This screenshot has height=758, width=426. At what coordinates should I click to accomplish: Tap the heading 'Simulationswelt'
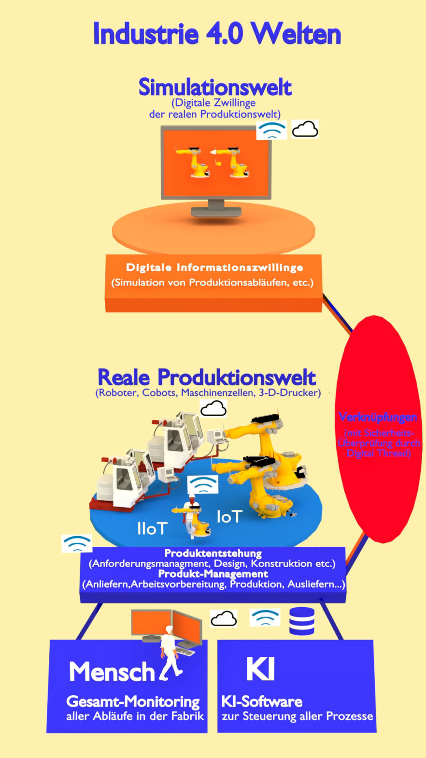(x=215, y=87)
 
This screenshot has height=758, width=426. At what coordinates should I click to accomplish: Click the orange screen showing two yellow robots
(x=216, y=163)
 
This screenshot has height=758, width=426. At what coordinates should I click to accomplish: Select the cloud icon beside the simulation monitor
(x=305, y=130)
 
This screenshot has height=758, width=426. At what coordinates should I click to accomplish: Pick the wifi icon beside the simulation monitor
(x=271, y=130)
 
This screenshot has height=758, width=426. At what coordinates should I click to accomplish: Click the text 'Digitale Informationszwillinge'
(x=214, y=267)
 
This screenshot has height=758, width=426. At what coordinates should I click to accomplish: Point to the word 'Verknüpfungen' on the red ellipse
(x=378, y=417)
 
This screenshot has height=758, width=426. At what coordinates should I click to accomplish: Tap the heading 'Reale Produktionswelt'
(x=207, y=377)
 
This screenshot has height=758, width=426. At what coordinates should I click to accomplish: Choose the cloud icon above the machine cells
(x=213, y=409)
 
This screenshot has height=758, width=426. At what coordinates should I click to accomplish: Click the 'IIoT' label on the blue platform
(x=152, y=529)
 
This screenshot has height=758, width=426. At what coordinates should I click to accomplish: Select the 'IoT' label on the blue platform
(x=228, y=517)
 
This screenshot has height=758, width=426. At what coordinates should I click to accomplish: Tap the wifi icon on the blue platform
(x=203, y=484)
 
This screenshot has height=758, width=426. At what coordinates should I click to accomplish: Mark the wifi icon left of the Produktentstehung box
(x=77, y=543)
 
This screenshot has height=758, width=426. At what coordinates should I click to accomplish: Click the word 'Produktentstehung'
(x=213, y=553)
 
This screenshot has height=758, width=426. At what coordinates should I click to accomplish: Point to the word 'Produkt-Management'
(x=213, y=574)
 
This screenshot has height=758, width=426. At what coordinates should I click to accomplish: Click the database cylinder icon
(x=302, y=621)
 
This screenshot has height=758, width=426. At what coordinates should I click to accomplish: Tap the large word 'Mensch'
(x=112, y=671)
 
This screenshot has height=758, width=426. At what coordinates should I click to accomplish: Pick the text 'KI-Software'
(x=262, y=701)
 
